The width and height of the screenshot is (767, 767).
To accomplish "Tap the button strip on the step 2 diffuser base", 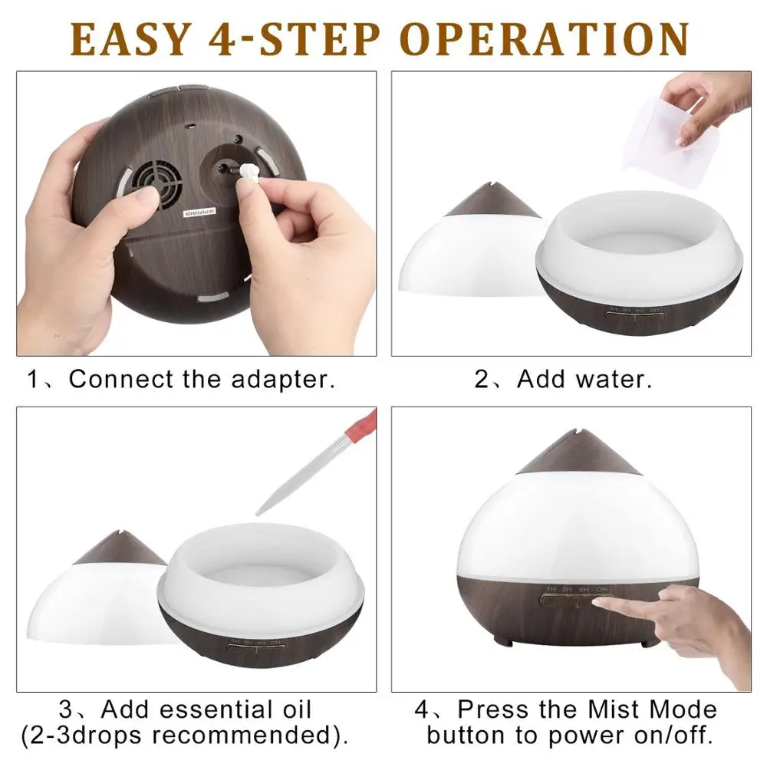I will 632,321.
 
